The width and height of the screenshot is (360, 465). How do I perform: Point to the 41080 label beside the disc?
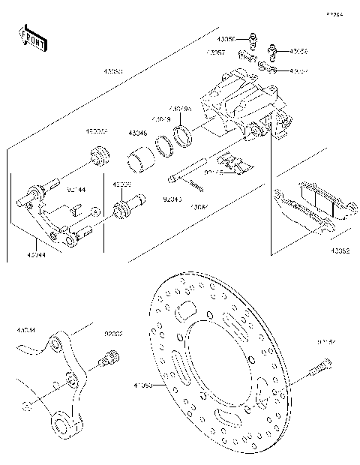tap(142, 386)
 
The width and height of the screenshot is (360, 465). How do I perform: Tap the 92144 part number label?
tap(76, 190)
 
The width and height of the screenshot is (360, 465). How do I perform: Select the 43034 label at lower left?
tap(25, 328)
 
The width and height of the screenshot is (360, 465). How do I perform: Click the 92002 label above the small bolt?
tap(113, 332)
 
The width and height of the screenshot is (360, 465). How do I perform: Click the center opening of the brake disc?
tap(217, 375)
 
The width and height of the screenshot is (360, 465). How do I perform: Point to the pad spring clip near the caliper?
tap(229, 163)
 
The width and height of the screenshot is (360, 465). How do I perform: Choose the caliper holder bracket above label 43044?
tap(56, 221)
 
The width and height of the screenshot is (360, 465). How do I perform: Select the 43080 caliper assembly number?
tap(113, 72)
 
